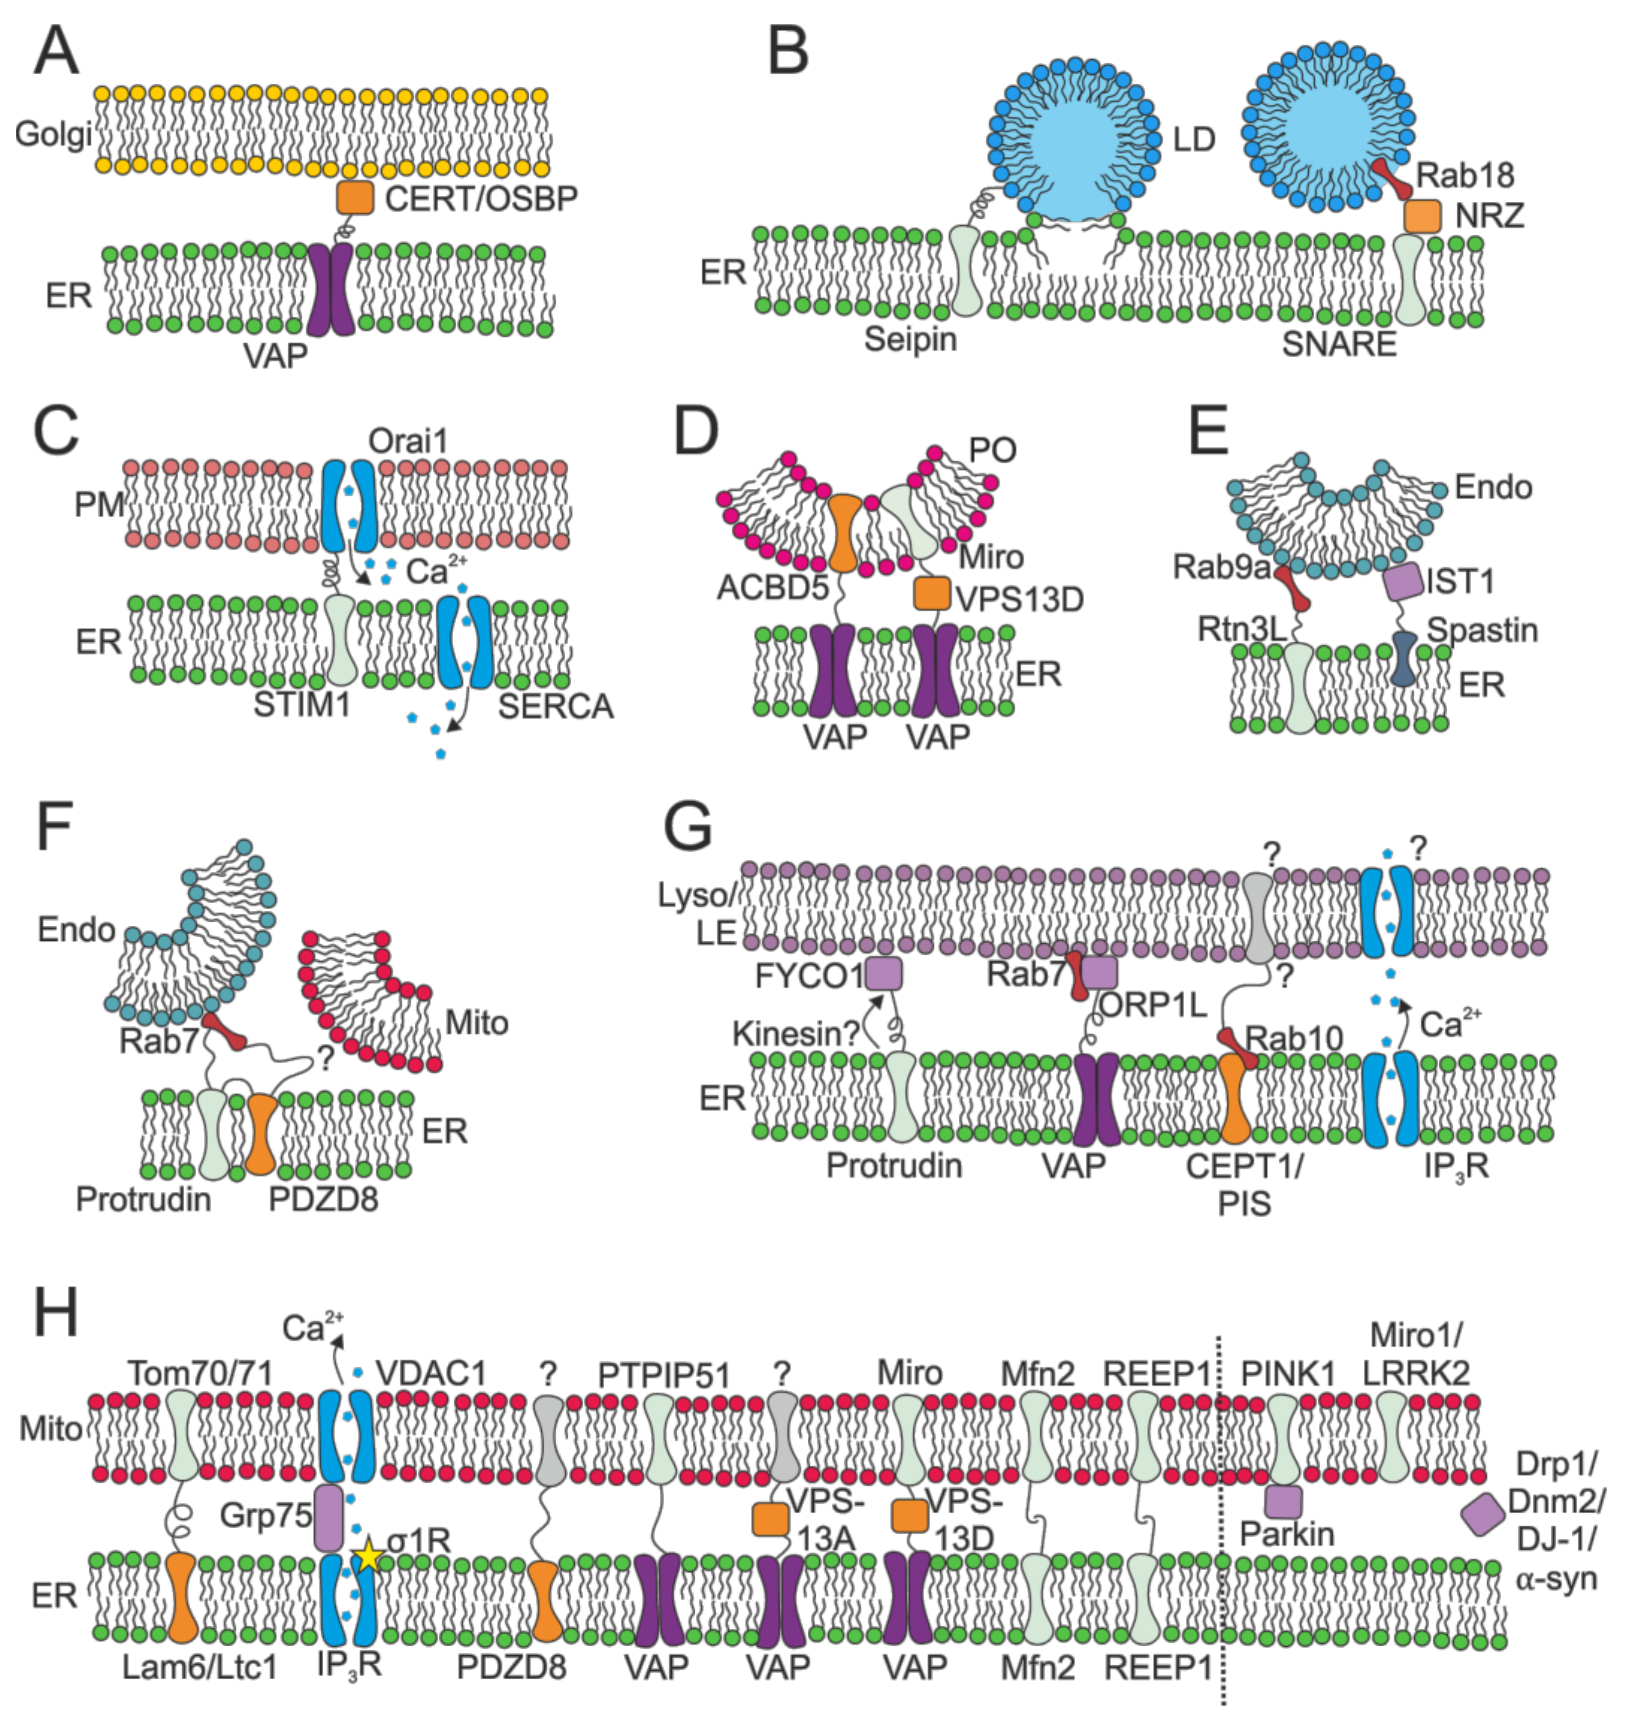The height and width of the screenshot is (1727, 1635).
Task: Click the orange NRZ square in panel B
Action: tap(1422, 216)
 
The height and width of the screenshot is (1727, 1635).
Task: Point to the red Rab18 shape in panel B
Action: tap(1392, 179)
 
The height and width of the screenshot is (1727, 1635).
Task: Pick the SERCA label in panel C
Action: tap(555, 706)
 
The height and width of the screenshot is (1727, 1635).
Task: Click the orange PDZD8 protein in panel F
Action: tap(261, 1134)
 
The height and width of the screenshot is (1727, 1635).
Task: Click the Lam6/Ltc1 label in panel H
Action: tap(200, 1666)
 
